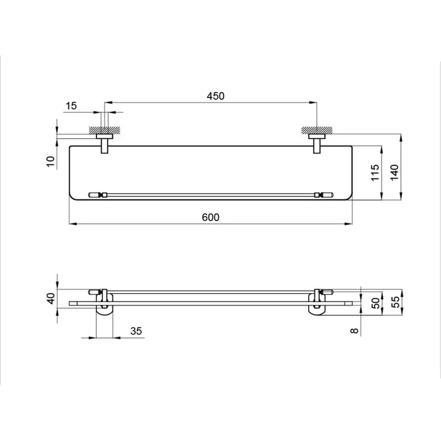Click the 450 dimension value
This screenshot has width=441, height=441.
point(215,96)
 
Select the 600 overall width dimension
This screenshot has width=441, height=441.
point(211,217)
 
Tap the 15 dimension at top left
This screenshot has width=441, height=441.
point(71,105)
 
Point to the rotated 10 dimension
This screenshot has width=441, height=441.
point(50,162)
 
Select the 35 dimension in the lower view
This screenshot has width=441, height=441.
point(136,331)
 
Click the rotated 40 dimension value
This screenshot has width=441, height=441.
point(50,298)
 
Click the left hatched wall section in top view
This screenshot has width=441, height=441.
point(104,130)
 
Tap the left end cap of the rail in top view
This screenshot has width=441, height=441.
point(95,195)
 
